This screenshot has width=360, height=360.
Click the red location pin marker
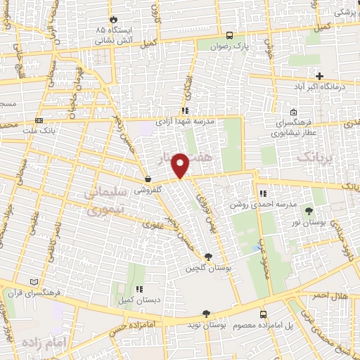[181, 165]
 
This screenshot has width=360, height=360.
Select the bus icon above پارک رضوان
[230, 35]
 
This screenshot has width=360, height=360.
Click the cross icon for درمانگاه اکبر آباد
[319, 75]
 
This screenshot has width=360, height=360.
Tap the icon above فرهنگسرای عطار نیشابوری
[293, 112]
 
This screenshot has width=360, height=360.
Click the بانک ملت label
[39, 131]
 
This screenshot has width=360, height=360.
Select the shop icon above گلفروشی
[148, 179]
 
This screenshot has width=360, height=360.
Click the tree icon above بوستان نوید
[205, 314]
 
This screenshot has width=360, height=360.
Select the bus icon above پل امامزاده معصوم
[264, 314]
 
